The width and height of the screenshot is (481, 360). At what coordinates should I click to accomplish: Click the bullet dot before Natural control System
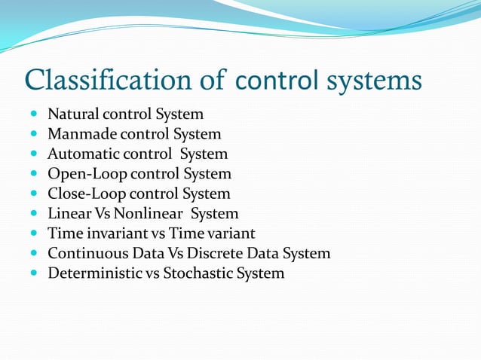point(35,115)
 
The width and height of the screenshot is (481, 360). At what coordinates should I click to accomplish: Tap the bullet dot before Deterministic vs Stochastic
point(35,273)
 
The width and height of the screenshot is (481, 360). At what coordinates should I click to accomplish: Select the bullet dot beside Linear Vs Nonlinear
point(35,214)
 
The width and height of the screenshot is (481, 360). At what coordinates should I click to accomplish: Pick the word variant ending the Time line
point(231,233)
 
